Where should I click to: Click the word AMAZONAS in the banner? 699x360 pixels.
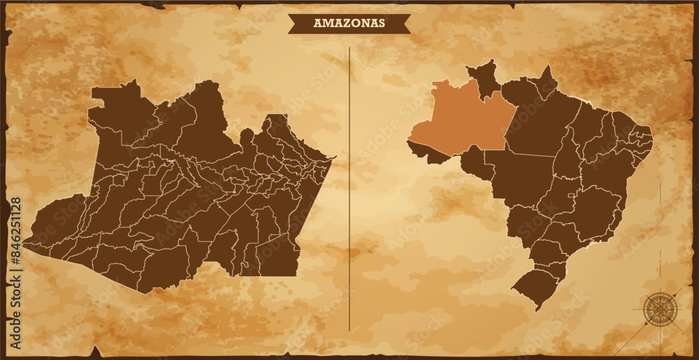(x=349, y=23)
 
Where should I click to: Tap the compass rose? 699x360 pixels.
(x=657, y=308)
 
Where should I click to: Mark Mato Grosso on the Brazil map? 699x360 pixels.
(x=521, y=178)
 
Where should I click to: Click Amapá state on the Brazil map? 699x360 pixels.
(x=546, y=81)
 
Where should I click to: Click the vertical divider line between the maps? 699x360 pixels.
(x=349, y=189)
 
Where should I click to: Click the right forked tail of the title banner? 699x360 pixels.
(x=406, y=24)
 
